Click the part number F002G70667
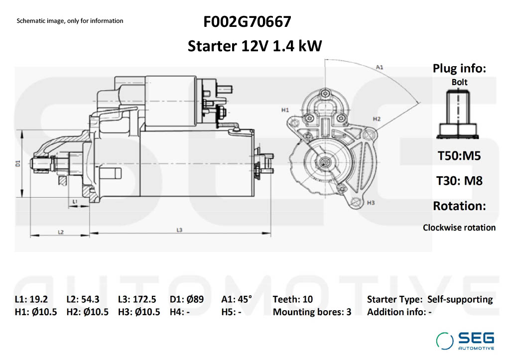[247, 22]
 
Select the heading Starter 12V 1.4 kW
[255, 46]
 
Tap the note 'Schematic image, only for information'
[70, 21]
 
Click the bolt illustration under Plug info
[458, 115]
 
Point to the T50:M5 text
[459, 156]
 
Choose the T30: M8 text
[459, 181]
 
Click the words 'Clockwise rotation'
[459, 228]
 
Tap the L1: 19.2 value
[31, 299]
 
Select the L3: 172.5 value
[137, 299]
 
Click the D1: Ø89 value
[187, 299]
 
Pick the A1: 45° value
[237, 299]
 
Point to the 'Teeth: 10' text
[293, 299]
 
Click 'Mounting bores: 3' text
[312, 312]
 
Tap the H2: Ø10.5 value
[88, 312]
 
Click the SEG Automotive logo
[465, 341]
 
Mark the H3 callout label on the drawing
[371, 203]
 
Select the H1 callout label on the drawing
[285, 110]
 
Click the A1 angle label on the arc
[380, 67]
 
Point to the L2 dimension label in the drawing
[61, 232]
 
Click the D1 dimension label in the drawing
[18, 164]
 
